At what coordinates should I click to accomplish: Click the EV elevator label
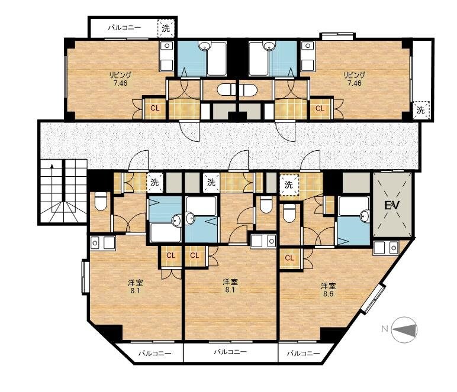tap(392, 205)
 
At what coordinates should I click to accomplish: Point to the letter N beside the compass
tap(385, 329)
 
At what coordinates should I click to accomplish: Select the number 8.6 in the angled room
tap(328, 294)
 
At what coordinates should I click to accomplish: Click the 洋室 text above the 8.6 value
tap(329, 286)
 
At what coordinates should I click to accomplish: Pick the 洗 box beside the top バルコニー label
tap(166, 28)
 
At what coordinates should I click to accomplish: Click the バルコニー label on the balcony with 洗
tap(125, 28)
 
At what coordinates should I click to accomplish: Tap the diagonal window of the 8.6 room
tap(373, 299)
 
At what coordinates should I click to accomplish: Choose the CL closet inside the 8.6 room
tap(289, 258)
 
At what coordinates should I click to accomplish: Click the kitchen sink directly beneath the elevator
tap(386, 248)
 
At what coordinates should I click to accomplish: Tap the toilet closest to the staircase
tap(101, 200)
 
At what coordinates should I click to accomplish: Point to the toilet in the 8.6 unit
tap(289, 213)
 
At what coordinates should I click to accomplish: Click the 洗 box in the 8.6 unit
tap(288, 184)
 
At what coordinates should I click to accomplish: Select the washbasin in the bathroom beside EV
tap(365, 216)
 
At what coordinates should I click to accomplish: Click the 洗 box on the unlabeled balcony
tap(420, 110)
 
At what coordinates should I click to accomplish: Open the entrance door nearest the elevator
tap(310, 161)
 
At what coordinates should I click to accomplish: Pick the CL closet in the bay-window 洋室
tap(171, 255)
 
